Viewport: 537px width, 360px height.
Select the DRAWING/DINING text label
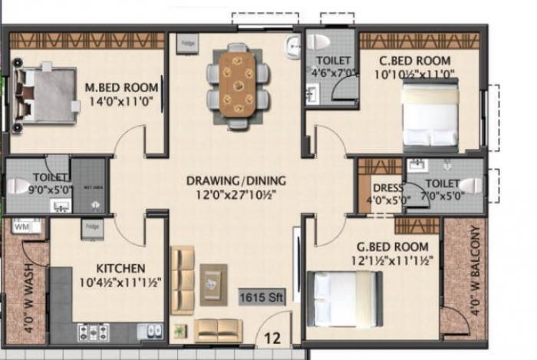click(x=236, y=181)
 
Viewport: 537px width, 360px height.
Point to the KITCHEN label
click(x=120, y=268)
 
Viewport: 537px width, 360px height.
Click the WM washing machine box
click(x=22, y=226)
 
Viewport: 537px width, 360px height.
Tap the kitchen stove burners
click(x=93, y=331)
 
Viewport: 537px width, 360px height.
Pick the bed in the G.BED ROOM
click(x=344, y=299)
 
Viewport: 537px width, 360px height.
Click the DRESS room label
click(x=383, y=188)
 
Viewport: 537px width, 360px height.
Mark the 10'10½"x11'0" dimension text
click(x=416, y=74)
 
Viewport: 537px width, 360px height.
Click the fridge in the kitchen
click(x=93, y=228)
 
